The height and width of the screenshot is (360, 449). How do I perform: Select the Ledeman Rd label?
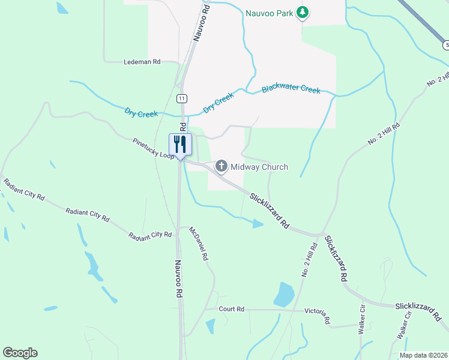tap(142, 62)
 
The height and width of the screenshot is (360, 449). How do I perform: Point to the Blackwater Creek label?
tap(291, 89)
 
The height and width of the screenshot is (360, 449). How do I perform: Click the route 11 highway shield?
tap(181, 98)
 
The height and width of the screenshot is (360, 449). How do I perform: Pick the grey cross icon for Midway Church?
tap(221, 166)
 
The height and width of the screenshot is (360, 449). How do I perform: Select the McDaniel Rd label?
tap(198, 244)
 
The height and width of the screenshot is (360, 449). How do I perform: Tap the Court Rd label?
tap(231, 309)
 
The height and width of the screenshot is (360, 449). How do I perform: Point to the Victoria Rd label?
tap(318, 314)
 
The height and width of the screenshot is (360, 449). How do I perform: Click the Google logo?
tap(20, 353)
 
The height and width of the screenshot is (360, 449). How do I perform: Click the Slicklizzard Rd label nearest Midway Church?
tap(270, 212)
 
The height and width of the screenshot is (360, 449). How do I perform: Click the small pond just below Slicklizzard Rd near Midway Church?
tap(257, 224)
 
